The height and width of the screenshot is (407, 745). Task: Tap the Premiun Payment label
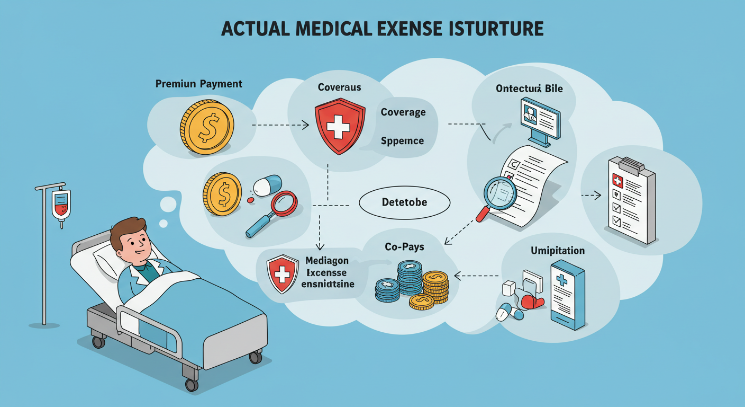click(199, 84)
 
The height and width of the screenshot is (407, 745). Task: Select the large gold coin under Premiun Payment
click(207, 127)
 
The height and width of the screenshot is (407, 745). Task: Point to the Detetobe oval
click(404, 202)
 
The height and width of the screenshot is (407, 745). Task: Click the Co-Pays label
click(404, 247)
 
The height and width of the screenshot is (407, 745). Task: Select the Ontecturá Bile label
click(529, 89)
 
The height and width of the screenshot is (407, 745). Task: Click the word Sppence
click(402, 141)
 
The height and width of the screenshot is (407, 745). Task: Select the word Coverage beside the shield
click(403, 112)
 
